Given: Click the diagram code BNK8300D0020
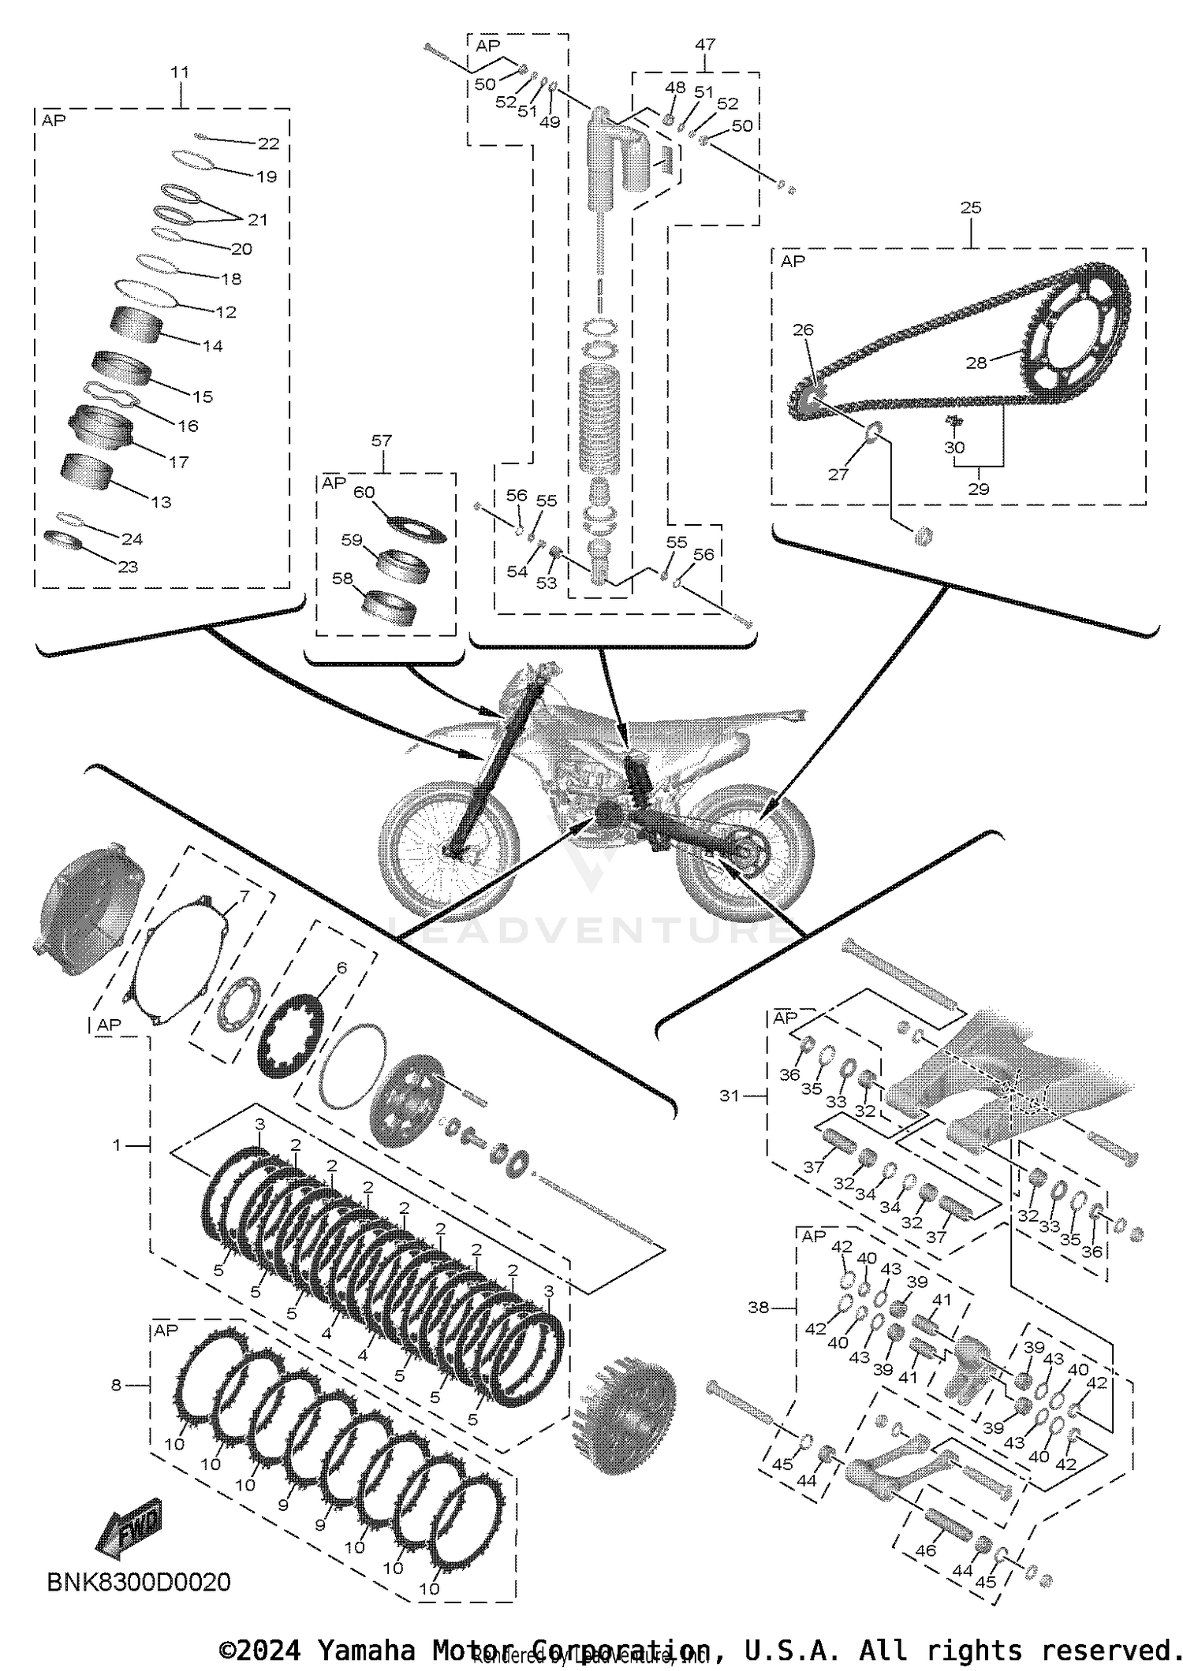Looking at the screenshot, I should tap(139, 1581).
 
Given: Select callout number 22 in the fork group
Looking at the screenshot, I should tap(269, 143).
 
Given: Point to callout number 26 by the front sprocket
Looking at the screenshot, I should tap(803, 329).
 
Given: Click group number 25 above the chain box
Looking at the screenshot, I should tap(971, 207).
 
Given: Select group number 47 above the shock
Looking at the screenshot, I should tap(704, 45).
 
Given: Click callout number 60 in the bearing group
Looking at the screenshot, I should tap(364, 493).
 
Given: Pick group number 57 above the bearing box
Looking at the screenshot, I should tap(382, 441).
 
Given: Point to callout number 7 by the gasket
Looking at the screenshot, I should tap(244, 896).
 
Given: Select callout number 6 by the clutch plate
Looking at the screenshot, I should tap(341, 968).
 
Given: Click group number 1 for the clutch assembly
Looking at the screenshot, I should tap(117, 1144).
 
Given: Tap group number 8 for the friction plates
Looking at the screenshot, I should tap(116, 1384).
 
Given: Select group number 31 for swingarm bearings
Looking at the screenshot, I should tap(730, 1095).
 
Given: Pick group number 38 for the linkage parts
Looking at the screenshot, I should tap(758, 1308).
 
